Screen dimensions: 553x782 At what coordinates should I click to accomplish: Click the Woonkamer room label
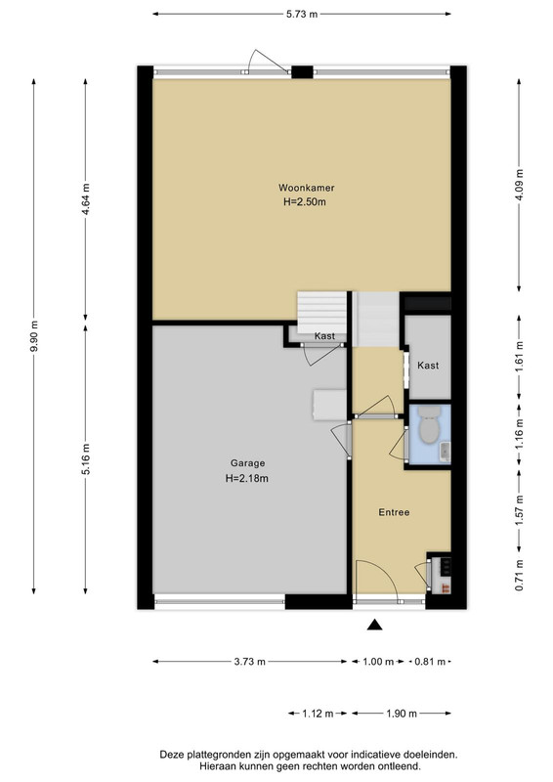[306, 188]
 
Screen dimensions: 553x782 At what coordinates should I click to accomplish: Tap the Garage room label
[247, 463]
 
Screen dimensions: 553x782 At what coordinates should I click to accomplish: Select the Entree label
[394, 512]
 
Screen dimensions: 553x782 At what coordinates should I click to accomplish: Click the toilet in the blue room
[429, 424]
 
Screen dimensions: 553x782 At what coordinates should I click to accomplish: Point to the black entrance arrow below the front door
[374, 625]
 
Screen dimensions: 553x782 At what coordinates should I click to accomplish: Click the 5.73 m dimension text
[302, 14]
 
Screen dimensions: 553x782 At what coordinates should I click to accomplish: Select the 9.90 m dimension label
[34, 335]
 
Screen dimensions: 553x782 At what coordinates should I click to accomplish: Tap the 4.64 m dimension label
[86, 199]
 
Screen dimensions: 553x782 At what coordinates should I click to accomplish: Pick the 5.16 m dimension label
[86, 459]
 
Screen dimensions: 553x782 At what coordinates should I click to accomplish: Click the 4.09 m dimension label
[519, 185]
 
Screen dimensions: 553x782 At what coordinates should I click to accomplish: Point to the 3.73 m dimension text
[250, 662]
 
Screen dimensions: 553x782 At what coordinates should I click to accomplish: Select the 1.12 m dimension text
[318, 714]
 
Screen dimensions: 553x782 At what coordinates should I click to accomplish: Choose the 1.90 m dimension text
[402, 714]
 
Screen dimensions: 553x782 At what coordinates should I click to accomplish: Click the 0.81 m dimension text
[430, 662]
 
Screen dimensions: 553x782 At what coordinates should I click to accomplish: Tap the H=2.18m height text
[247, 478]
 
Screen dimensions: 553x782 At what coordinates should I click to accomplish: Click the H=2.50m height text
[304, 202]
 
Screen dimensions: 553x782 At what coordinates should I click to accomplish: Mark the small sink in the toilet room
[445, 452]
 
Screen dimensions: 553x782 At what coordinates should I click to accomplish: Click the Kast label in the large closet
[428, 366]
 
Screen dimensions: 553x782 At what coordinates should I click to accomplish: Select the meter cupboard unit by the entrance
[441, 574]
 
